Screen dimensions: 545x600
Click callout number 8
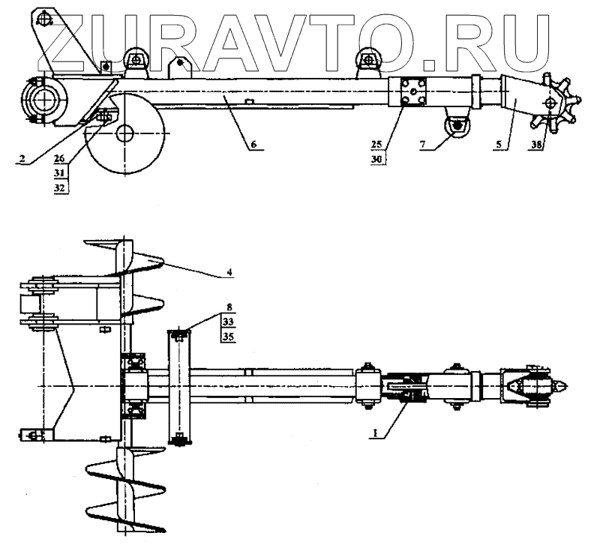(x=228, y=307)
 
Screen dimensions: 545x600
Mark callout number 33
(x=228, y=321)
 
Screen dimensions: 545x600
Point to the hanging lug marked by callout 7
(x=455, y=124)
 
